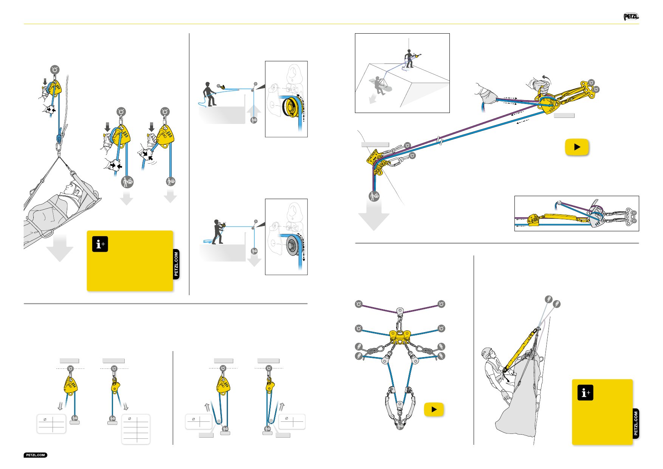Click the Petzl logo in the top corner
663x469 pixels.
(x=631, y=17)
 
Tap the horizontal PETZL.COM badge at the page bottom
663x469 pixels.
(x=36, y=455)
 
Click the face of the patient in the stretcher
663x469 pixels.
(x=74, y=189)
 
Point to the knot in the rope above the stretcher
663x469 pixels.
(x=59, y=138)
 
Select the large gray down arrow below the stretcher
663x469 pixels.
(x=60, y=247)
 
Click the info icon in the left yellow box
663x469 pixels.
(x=100, y=244)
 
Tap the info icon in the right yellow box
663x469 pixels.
(x=585, y=393)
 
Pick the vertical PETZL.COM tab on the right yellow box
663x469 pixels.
(x=636, y=423)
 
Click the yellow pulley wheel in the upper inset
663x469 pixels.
(x=291, y=107)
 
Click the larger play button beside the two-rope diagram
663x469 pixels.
(x=577, y=147)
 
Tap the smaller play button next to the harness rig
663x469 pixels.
(x=434, y=409)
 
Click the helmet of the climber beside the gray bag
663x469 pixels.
(x=486, y=353)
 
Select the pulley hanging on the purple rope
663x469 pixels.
(x=400, y=311)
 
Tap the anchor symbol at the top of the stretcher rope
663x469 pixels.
(x=55, y=70)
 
